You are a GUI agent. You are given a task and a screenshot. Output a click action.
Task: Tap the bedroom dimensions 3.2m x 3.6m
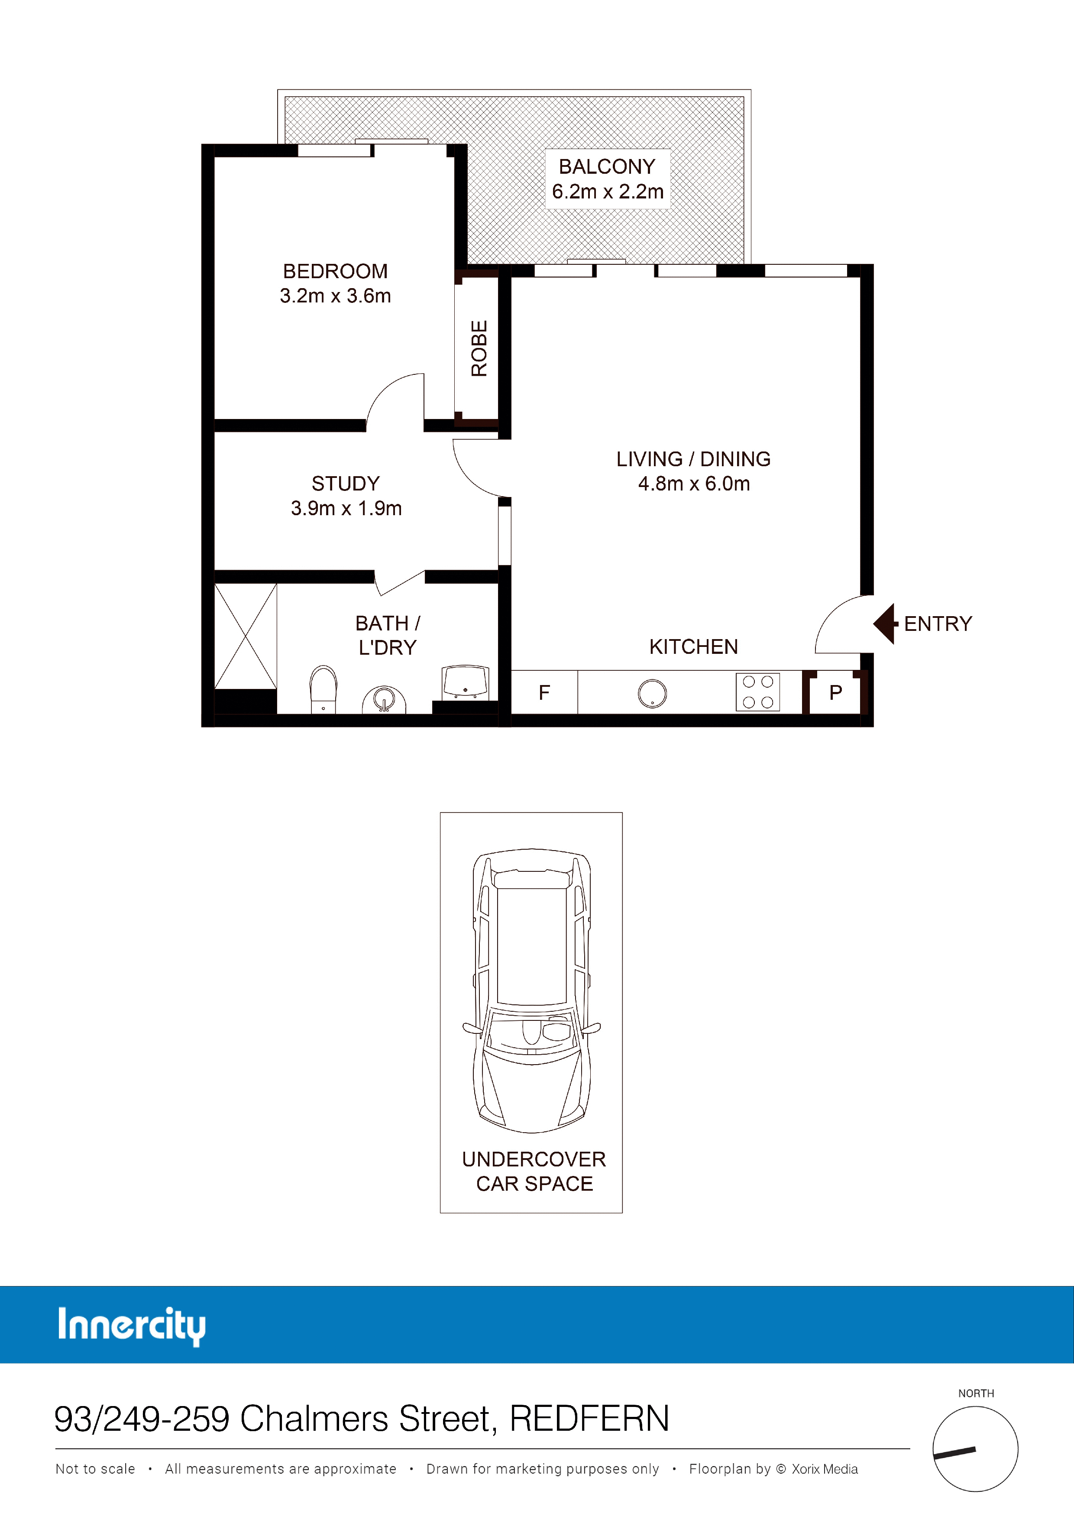[x=336, y=296]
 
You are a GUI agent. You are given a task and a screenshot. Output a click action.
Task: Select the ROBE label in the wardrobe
[x=479, y=349]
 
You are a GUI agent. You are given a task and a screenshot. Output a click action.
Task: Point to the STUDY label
[x=346, y=484]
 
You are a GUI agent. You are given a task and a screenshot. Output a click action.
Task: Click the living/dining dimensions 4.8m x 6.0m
[x=693, y=484]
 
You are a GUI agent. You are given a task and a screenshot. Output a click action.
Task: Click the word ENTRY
[x=938, y=624]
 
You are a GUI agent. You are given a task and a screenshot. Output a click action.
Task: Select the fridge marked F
[x=545, y=692]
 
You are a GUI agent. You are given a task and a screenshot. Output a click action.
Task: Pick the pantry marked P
[x=835, y=692]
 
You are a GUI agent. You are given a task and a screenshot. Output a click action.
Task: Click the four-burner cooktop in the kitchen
[x=758, y=692]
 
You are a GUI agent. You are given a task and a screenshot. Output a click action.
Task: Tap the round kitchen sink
[x=653, y=694]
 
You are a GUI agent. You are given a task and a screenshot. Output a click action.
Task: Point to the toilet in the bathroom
[x=323, y=689]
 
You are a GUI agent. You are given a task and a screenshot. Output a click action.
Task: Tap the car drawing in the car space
[x=531, y=991]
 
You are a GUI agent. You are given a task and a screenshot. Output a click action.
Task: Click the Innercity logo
[x=132, y=1326]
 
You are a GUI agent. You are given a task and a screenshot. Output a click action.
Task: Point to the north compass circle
[x=975, y=1449]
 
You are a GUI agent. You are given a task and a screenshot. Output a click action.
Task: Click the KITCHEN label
[x=693, y=647]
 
